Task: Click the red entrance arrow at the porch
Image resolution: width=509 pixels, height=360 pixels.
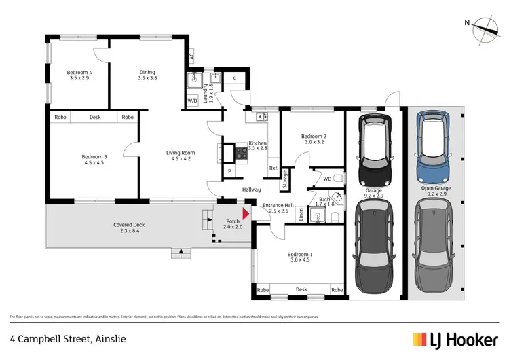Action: pos(246,213)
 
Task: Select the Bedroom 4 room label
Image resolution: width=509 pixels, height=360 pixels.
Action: pos(79,75)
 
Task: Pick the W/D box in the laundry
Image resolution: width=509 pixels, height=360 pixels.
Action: pos(193,101)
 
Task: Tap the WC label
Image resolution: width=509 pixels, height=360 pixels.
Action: pos(326,179)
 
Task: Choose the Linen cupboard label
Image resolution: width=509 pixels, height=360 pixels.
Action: pos(301,216)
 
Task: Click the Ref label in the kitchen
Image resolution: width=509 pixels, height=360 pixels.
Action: pos(273,168)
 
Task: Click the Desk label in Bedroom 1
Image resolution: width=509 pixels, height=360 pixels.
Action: pos(301,290)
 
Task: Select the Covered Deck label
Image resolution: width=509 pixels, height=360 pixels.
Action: pos(129,228)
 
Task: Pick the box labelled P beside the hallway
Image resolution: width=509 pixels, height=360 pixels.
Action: pos(229,171)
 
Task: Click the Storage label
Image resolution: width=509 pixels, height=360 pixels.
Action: pos(285,181)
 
